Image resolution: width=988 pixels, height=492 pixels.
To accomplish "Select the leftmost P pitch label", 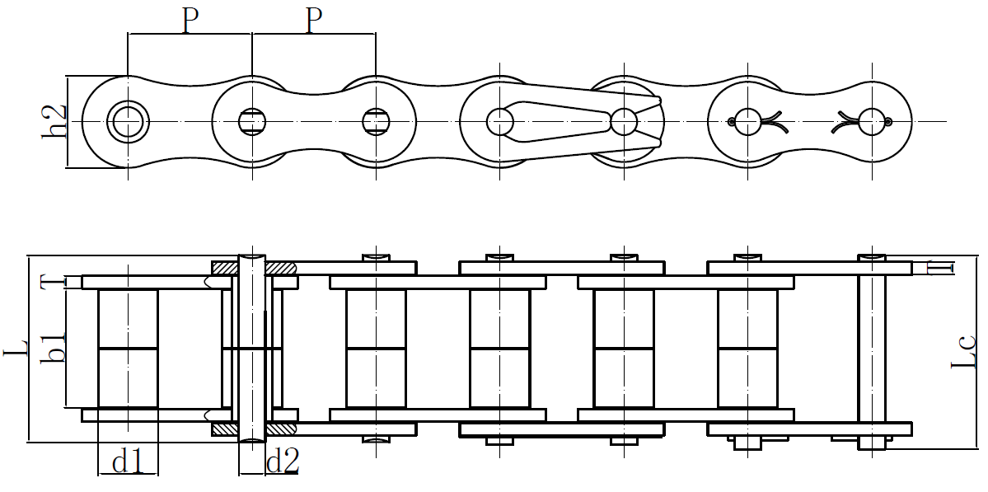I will point(190,21).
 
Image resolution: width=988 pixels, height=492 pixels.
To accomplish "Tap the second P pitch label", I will point(313,21).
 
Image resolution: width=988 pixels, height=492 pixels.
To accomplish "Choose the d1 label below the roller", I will point(128,462).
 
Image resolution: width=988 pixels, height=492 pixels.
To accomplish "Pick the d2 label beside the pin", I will point(282,462).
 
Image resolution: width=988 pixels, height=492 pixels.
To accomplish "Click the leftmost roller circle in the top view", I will point(128,122).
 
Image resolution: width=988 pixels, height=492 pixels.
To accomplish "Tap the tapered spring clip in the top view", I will point(577,121).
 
